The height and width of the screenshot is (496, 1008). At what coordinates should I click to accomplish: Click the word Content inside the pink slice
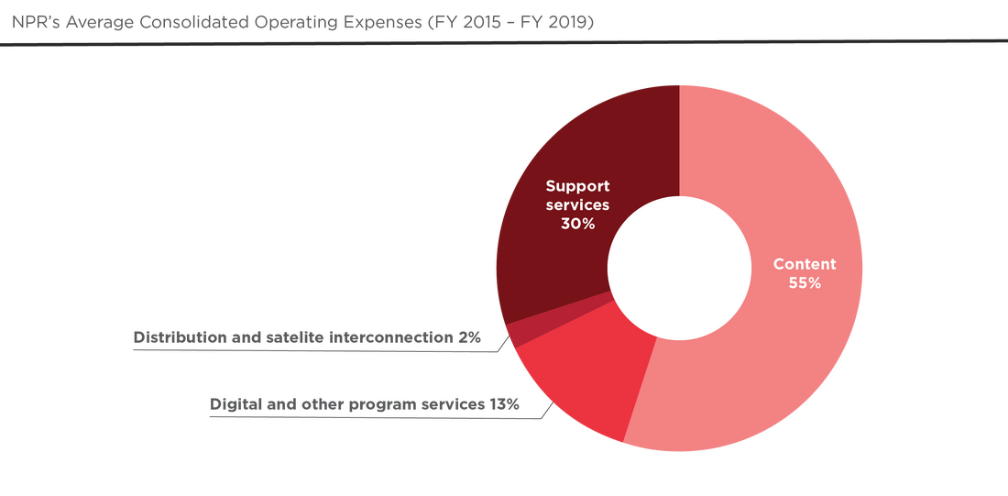[804, 264]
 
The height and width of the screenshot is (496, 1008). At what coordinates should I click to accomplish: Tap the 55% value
[804, 283]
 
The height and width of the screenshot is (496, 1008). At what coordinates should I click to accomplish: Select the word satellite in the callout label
[286, 338]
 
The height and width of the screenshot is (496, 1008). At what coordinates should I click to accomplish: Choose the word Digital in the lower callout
[233, 403]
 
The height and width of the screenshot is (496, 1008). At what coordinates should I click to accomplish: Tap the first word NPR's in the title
[33, 23]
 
